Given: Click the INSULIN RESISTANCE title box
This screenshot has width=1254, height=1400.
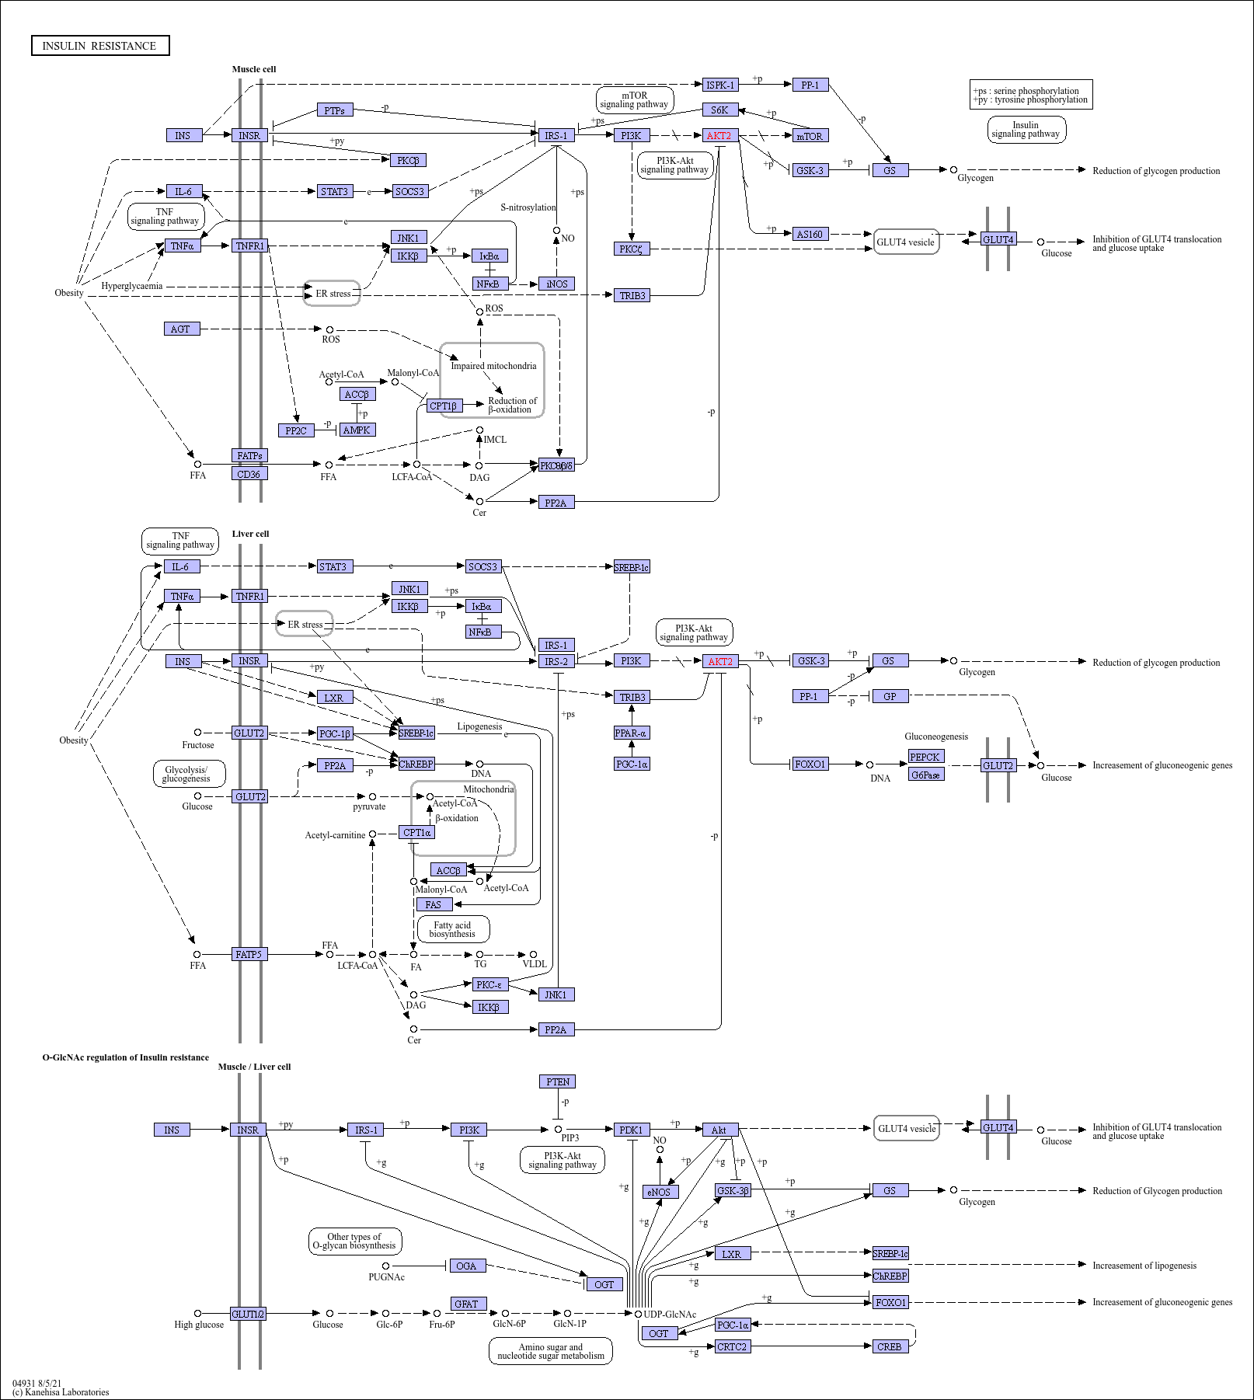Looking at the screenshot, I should point(100,46).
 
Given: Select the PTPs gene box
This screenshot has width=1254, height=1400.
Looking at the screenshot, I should point(335,110).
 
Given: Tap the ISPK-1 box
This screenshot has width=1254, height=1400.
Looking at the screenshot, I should point(719,85).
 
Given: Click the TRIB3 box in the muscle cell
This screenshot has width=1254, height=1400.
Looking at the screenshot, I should point(632,295).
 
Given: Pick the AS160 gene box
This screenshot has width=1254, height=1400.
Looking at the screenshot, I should point(810,234).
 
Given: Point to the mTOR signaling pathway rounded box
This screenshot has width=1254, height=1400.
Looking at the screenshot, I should point(634,100).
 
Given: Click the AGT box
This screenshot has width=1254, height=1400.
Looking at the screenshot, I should point(182,329).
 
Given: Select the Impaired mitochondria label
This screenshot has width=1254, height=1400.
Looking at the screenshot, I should point(493,366).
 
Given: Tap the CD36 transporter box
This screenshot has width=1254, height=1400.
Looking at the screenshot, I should point(249,474).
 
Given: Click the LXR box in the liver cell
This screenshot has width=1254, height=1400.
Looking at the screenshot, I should point(334,698).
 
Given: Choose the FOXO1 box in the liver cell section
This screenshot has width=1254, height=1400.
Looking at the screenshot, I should point(810,764).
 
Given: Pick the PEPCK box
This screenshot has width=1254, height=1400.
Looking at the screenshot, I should point(925,757).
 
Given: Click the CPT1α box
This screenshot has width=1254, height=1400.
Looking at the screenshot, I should point(416,833).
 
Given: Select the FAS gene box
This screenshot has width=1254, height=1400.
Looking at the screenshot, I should point(434,904).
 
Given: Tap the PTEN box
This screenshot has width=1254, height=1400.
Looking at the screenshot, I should point(557,1081).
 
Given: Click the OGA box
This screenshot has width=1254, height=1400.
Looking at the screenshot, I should point(466,1266).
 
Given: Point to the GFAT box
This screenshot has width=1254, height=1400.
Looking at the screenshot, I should point(468,1304).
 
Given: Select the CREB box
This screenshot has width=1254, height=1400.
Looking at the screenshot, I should point(889,1346).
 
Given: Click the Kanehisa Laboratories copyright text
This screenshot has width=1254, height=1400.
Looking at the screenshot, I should point(61,1392).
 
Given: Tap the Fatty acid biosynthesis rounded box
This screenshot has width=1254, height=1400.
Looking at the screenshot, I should point(453,929).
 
